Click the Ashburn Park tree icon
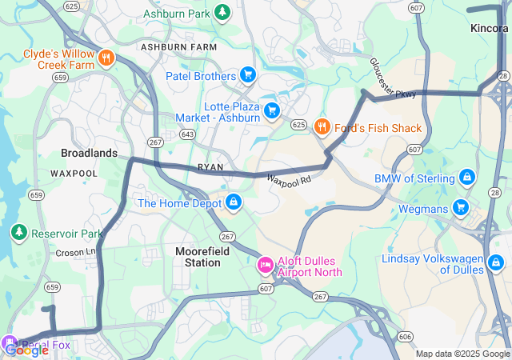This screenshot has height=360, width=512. (x=222, y=13)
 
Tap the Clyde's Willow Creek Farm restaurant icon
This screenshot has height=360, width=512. (x=107, y=58)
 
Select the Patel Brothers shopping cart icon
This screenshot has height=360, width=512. (x=248, y=76)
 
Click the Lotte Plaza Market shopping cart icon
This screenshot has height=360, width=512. (x=272, y=110)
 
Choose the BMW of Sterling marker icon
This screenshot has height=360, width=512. (x=466, y=177)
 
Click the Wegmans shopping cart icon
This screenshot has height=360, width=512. (x=460, y=208)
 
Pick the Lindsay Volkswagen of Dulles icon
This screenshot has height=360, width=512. (x=496, y=262)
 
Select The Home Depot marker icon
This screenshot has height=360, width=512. (x=234, y=202)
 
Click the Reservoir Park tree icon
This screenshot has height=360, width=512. (x=18, y=233)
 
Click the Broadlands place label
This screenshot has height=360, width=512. (x=89, y=153)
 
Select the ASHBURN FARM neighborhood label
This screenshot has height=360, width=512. (x=179, y=48)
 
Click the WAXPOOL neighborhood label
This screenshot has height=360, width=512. (x=74, y=173)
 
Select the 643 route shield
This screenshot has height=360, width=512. (x=187, y=134)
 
